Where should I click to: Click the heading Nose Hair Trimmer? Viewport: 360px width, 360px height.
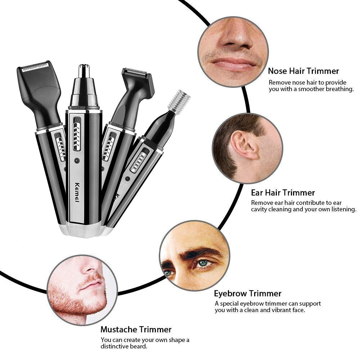[303, 71]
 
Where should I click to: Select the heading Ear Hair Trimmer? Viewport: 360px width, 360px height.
[283, 193]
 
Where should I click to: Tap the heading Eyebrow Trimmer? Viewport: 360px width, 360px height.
[248, 293]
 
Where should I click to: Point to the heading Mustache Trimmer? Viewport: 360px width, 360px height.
[136, 329]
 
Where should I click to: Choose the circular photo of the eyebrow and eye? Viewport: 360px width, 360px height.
[194, 255]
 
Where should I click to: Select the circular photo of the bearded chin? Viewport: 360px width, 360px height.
[82, 290]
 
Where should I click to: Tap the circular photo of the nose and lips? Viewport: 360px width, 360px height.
[233, 51]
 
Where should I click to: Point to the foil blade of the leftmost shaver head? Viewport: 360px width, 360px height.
[35, 67]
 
